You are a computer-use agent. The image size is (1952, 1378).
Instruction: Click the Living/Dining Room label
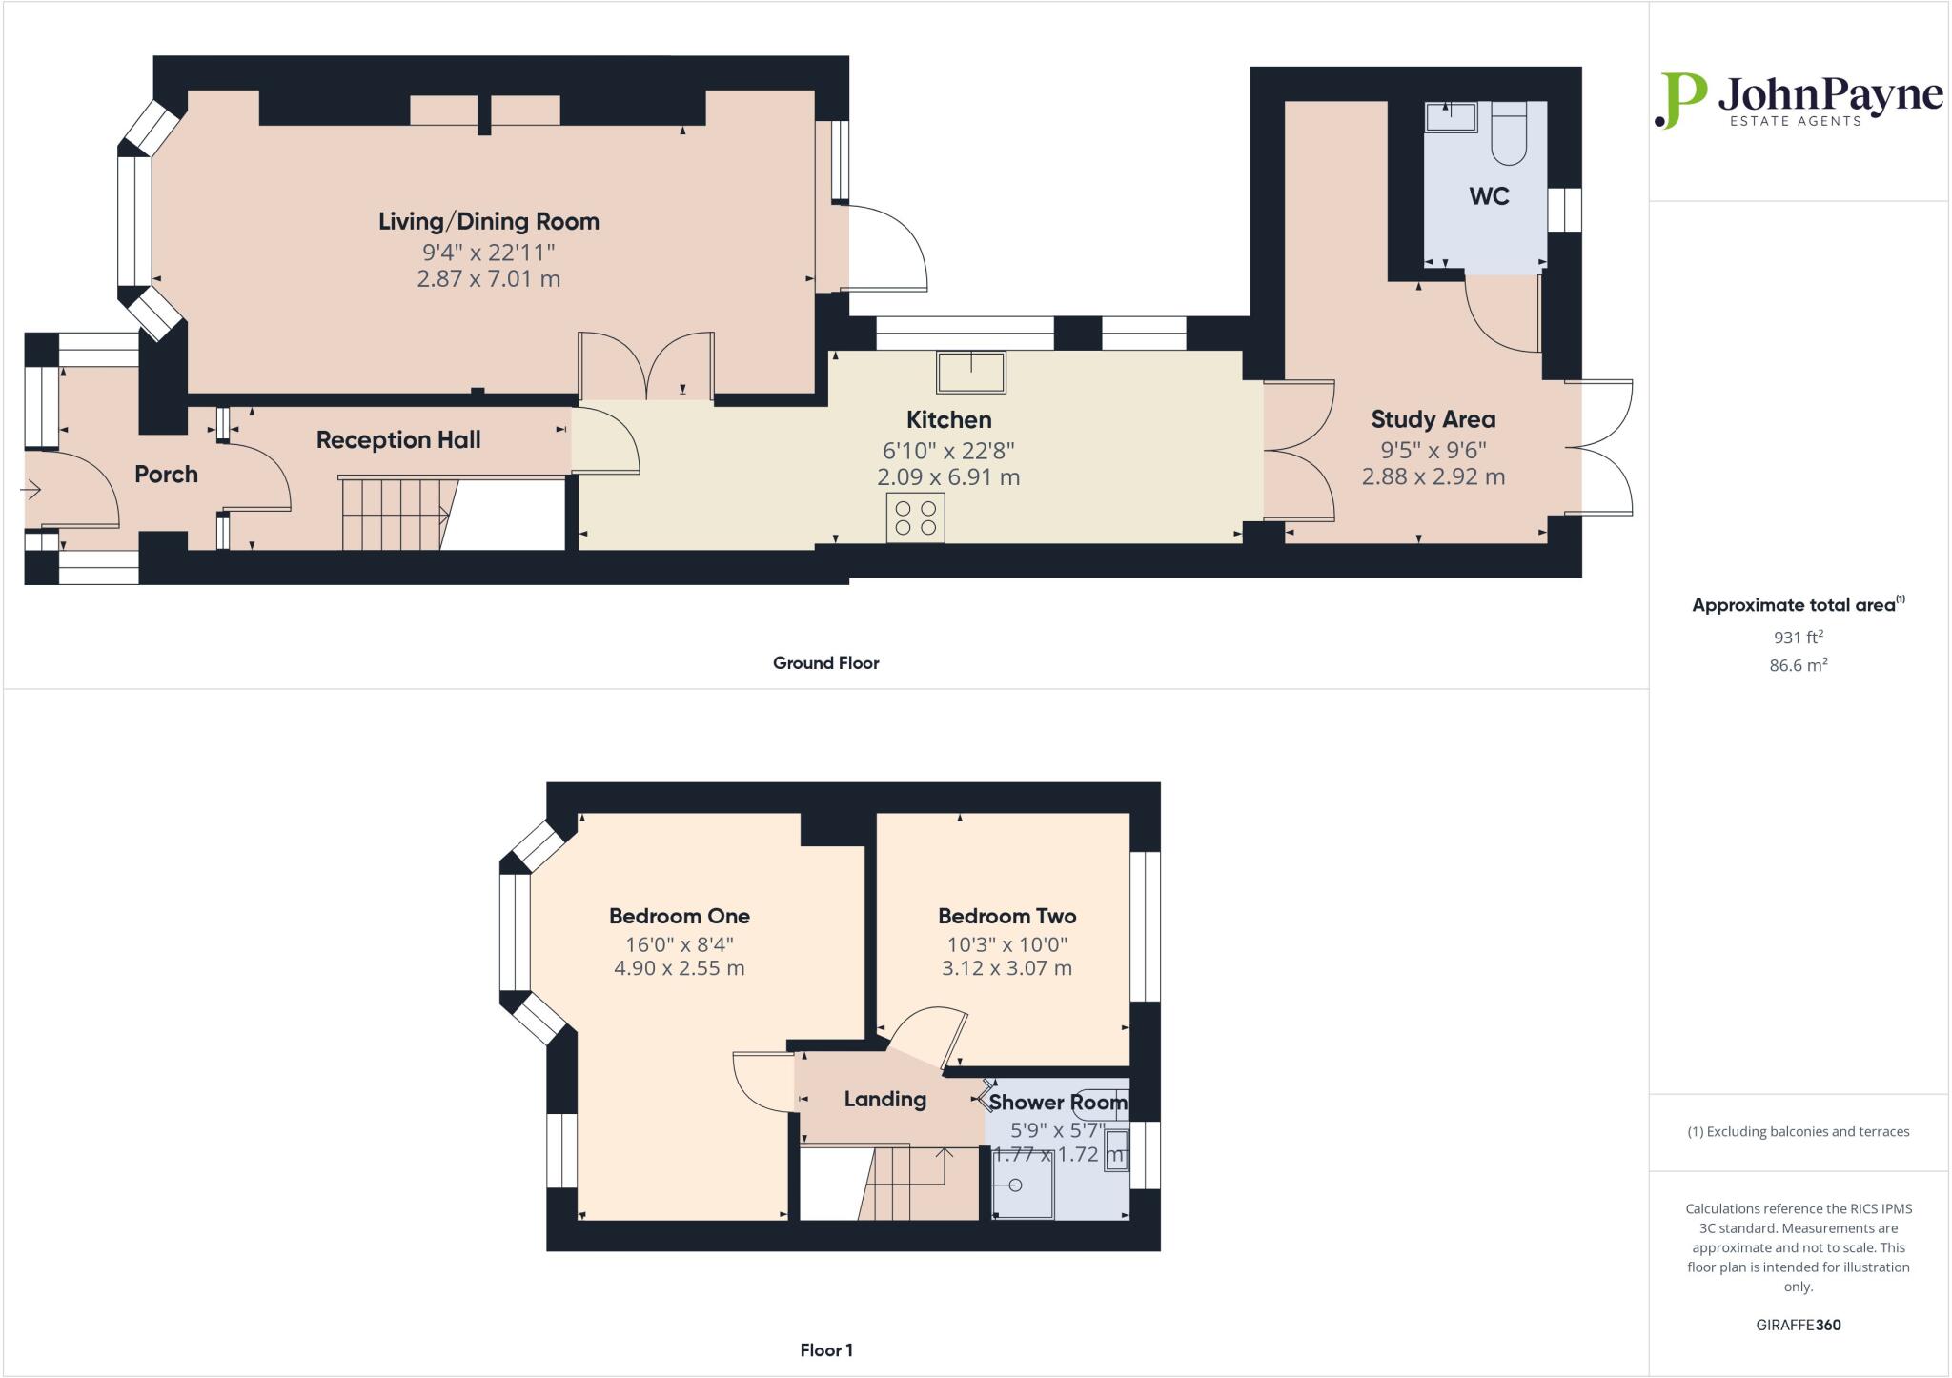point(488,221)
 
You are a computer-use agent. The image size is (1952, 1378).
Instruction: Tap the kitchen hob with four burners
point(915,517)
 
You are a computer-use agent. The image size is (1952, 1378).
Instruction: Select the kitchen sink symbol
point(970,372)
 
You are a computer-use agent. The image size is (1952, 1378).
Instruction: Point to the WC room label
point(1489,196)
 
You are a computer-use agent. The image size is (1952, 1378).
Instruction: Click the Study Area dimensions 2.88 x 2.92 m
point(1433,476)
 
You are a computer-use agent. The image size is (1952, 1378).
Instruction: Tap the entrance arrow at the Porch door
point(30,491)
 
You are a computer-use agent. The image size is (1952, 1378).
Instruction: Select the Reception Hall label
point(398,439)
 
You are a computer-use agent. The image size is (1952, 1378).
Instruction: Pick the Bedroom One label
point(679,916)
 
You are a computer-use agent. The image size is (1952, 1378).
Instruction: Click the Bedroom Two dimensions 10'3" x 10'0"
point(1006,944)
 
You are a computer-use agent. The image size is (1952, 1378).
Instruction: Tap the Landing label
point(884,1099)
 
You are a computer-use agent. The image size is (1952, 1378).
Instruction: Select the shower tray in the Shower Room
point(1022,1185)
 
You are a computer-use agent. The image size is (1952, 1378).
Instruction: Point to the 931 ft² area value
point(1798,637)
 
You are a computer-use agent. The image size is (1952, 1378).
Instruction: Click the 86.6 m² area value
point(1798,665)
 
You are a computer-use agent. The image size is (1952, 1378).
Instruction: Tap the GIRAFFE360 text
point(1798,1325)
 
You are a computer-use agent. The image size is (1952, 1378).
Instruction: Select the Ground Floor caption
point(825,662)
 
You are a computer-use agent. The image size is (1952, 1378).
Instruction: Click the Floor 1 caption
point(825,1349)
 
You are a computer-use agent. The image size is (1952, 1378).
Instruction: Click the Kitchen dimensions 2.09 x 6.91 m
point(947,476)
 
